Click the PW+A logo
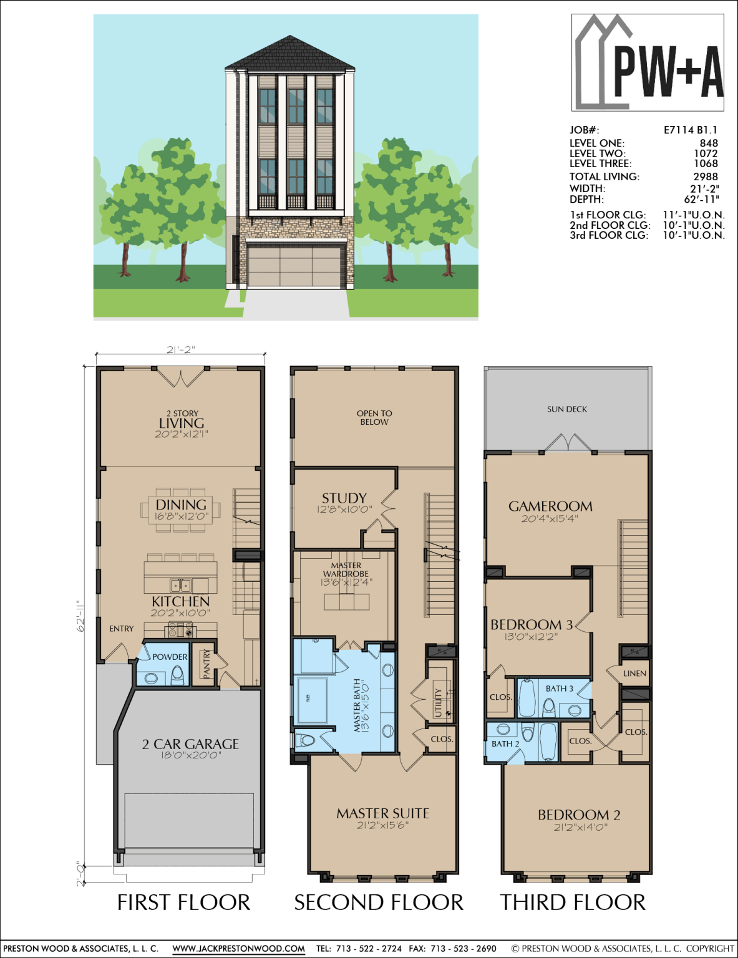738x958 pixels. pyautogui.click(x=648, y=62)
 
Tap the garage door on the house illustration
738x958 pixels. pyautogui.click(x=296, y=266)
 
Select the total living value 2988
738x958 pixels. pyautogui.click(x=706, y=177)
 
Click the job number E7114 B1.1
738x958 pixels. pyautogui.click(x=690, y=130)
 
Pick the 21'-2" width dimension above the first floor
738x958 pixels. pyautogui.click(x=180, y=350)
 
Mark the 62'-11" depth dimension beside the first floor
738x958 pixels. pyautogui.click(x=80, y=616)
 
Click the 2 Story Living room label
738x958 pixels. pyautogui.click(x=182, y=423)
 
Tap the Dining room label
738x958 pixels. pyautogui.click(x=181, y=505)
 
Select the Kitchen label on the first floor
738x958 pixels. pyautogui.click(x=180, y=602)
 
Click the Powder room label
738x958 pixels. pyautogui.click(x=170, y=657)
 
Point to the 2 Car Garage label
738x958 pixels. pyautogui.click(x=190, y=744)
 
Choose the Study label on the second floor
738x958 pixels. pyautogui.click(x=344, y=498)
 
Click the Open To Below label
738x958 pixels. pyautogui.click(x=374, y=417)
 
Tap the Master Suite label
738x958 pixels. pyautogui.click(x=382, y=814)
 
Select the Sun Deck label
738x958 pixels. pyautogui.click(x=567, y=409)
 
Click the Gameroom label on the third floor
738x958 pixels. pyautogui.click(x=550, y=506)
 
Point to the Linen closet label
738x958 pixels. pyautogui.click(x=634, y=674)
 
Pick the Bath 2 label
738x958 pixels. pyautogui.click(x=505, y=743)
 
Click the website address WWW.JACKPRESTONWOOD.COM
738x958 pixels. pyautogui.click(x=238, y=949)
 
